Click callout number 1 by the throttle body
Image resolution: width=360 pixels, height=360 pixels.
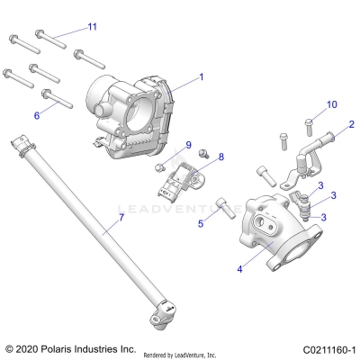click(202, 77)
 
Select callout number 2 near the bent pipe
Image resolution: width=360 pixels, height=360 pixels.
click(351, 124)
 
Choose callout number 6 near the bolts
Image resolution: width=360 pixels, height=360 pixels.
click(37, 115)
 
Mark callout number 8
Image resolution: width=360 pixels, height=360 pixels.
click(221, 157)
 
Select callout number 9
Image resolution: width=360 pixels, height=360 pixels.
click(189, 145)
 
